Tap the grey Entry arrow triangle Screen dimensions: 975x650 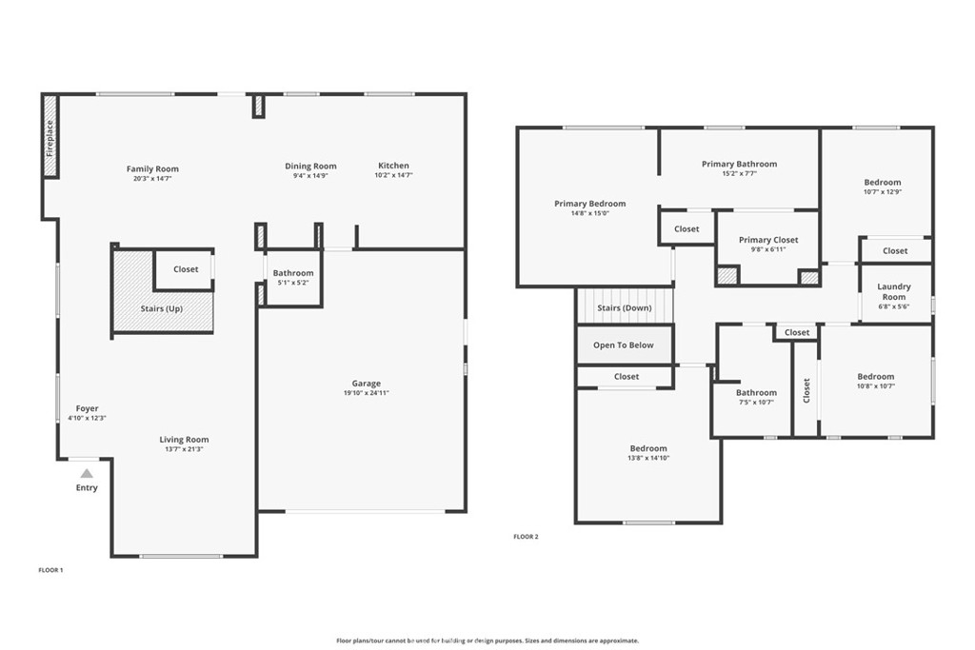pos(87,474)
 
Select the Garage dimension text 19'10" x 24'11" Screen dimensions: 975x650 pos(367,393)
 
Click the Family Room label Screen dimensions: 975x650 pos(152,169)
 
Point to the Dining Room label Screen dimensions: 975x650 pos(311,166)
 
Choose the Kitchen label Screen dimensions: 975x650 pos(393,166)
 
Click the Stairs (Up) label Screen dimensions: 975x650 pos(162,309)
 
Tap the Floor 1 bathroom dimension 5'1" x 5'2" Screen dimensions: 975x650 pos(293,283)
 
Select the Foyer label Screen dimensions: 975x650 pos(87,409)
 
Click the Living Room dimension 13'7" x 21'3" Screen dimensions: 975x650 pos(184,449)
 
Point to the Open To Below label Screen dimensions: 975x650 pos(623,345)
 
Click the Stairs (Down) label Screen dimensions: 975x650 pos(625,308)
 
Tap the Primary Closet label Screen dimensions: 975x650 pos(768,240)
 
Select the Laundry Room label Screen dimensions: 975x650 pos(894,291)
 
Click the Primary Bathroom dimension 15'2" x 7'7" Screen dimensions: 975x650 pos(739,174)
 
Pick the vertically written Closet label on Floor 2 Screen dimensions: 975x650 pos(806,391)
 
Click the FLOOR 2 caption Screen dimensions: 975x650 pos(526,537)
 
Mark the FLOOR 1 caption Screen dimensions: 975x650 pos(51,570)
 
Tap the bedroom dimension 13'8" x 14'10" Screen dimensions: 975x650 pos(648,459)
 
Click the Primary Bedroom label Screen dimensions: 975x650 pos(590,204)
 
